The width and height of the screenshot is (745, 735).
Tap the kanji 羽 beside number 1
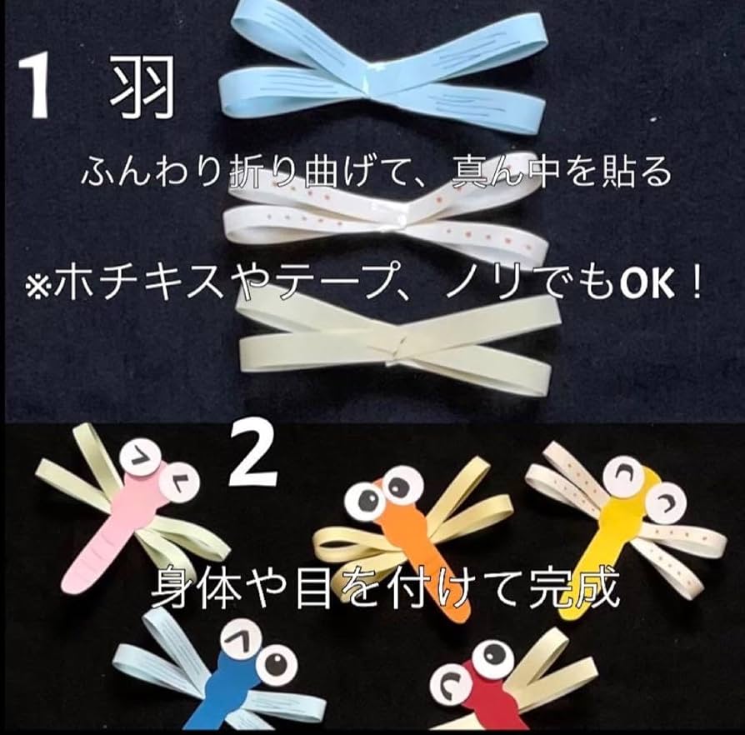[142, 87]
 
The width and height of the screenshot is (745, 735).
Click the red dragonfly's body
[489, 698]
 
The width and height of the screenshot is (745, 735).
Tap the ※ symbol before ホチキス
[37, 287]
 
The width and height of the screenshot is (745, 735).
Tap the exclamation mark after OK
[694, 284]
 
